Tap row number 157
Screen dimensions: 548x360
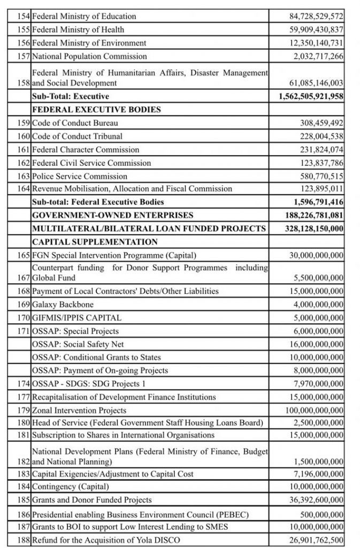pyautogui.click(x=25, y=56)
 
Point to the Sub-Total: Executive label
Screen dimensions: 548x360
pyautogui.click(x=71, y=96)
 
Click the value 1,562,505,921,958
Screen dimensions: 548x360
pyautogui.click(x=311, y=96)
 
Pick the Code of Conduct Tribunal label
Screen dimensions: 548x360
pyautogui.click(x=78, y=136)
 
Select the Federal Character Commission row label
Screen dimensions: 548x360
pyautogui.click(x=86, y=150)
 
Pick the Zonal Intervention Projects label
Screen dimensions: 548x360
pyautogui.click(x=80, y=410)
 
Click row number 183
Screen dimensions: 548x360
pyautogui.click(x=25, y=474)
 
